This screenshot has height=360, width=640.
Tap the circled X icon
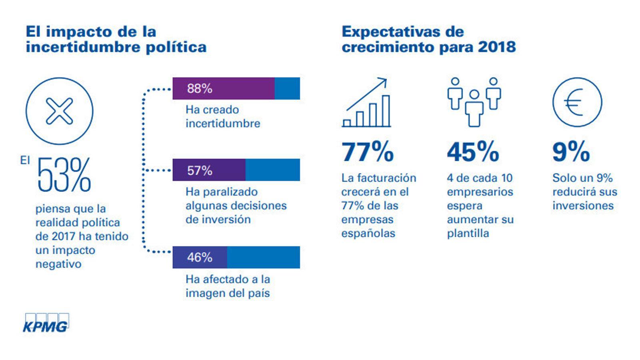click(59, 111)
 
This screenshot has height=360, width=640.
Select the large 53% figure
click(64, 175)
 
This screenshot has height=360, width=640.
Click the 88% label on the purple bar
click(200, 88)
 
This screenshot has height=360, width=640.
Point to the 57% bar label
click(200, 170)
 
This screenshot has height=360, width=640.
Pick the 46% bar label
click(200, 257)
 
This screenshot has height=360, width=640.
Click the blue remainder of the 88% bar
click(287, 88)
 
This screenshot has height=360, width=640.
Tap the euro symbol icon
click(577, 102)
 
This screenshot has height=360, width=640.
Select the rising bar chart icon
click(366, 103)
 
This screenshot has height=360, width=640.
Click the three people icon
click(474, 102)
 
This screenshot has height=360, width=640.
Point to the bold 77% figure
click(367, 152)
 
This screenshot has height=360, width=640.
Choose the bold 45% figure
click(473, 152)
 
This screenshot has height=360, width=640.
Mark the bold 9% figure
click(571, 152)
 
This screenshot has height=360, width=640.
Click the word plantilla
click(468, 233)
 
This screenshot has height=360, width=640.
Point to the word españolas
click(368, 233)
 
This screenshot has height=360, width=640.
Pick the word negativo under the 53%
click(58, 264)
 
